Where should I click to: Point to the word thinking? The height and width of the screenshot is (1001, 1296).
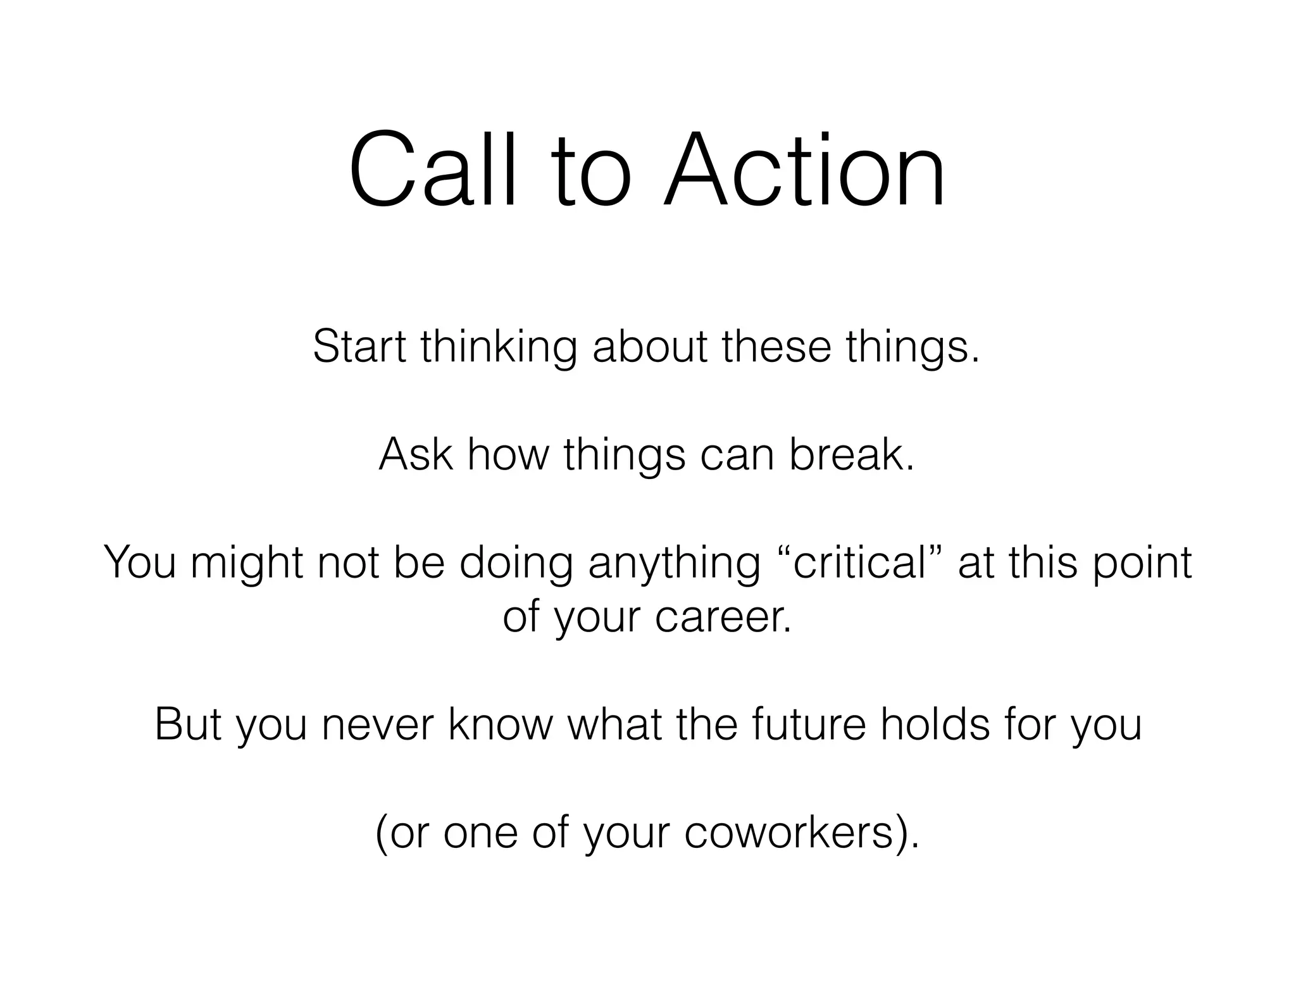pos(499,348)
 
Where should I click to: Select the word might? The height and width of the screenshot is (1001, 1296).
pos(247,563)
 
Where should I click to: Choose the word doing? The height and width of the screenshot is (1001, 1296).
pos(516,563)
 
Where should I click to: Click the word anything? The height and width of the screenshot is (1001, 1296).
pos(675,563)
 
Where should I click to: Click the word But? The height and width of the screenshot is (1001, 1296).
pos(188,724)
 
